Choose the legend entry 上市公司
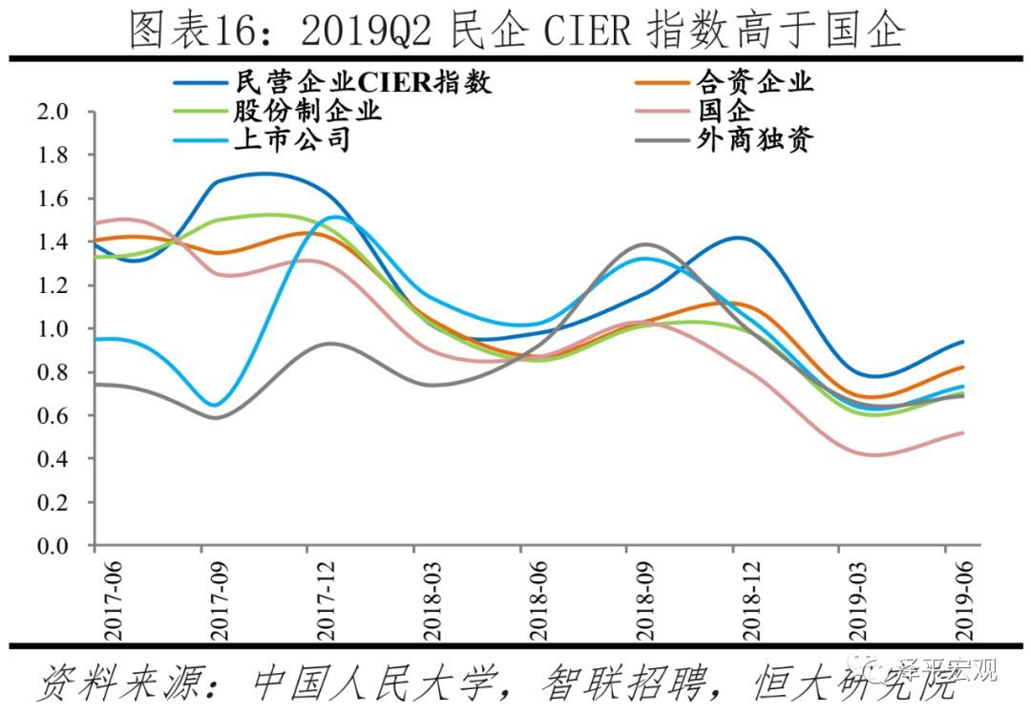tap(292, 139)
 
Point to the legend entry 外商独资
tap(754, 139)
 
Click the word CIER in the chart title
tap(588, 32)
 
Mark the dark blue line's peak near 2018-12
tap(733, 238)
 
